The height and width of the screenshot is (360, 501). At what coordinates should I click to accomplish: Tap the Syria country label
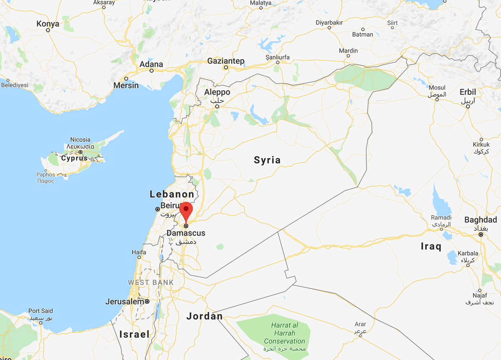pos(267,160)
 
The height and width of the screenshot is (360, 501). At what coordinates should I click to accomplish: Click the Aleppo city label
pos(217,92)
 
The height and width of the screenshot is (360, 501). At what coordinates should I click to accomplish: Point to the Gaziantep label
pos(226,61)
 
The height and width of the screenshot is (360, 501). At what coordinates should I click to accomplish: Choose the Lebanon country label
pos(172,194)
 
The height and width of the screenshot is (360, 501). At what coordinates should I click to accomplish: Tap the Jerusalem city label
pos(124,301)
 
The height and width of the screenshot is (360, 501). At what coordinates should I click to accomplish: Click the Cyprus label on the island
pos(74,158)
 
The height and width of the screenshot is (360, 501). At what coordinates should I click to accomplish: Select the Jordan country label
pos(205,316)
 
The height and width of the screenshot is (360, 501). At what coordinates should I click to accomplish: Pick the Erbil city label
pos(468,92)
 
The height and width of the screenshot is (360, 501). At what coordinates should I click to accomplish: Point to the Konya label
pos(48,24)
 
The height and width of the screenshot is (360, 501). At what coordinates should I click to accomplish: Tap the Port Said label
pos(41,311)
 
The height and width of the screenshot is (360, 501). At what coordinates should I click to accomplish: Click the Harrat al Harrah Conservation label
pos(284,333)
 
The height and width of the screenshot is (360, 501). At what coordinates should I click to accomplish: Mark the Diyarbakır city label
pos(329,22)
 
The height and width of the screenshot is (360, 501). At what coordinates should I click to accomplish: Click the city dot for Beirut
pos(157,209)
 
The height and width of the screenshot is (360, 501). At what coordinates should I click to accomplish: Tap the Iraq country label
pos(431,247)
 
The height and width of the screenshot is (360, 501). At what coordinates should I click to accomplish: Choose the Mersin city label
pos(126,85)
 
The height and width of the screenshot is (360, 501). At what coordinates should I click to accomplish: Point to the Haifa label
pos(139,252)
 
